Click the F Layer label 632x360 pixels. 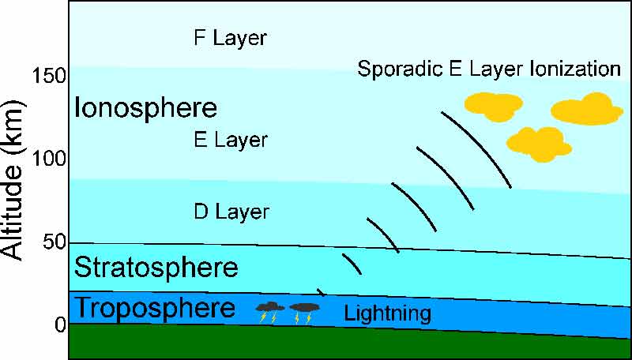tap(230, 38)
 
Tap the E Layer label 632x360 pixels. tap(231, 141)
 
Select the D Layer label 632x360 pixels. tap(231, 212)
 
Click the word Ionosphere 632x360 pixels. tap(145, 107)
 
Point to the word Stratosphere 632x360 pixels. tap(156, 268)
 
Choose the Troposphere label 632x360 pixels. tap(156, 308)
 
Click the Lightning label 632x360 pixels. tap(387, 314)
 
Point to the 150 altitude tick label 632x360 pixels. tap(50, 76)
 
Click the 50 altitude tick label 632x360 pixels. tap(54, 242)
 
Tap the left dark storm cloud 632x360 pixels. tap(270, 307)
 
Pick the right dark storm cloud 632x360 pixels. tap(304, 307)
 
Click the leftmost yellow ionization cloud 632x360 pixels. tap(494, 105)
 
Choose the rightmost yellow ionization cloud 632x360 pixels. tap(587, 109)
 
